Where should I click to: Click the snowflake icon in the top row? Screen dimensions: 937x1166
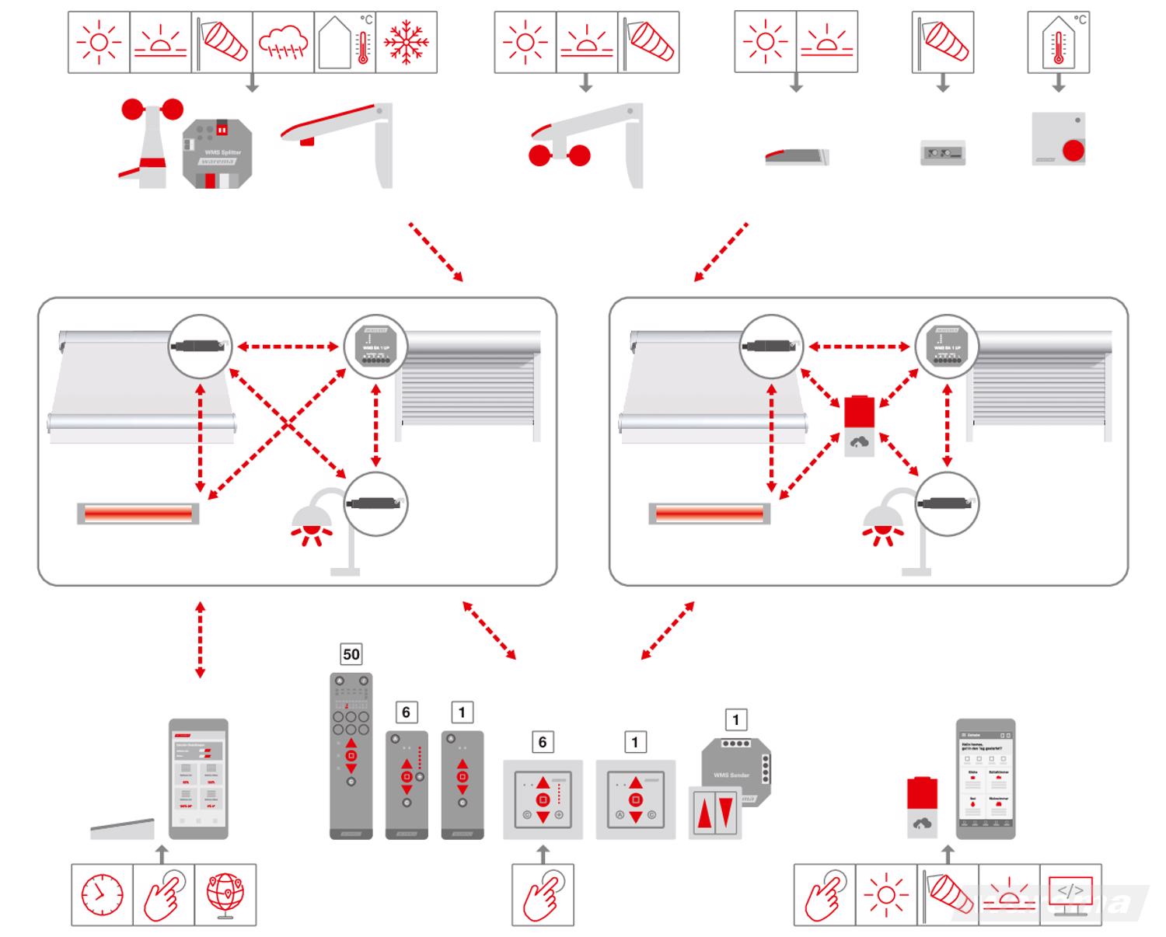click(x=406, y=42)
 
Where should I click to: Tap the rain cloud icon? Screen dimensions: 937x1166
click(x=283, y=42)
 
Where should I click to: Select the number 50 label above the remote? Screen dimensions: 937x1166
click(x=351, y=654)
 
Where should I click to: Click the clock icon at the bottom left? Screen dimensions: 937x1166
click(x=102, y=894)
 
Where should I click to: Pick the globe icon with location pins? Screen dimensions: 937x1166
click(x=225, y=894)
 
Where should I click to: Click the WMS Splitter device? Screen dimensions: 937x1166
click(x=217, y=152)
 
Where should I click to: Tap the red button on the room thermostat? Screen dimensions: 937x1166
click(x=1073, y=150)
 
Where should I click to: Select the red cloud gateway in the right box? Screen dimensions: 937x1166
click(x=859, y=424)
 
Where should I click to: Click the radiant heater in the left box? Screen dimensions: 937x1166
click(x=138, y=514)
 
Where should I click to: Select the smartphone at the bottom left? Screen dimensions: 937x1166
click(x=199, y=778)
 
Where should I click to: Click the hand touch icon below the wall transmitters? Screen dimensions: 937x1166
click(x=543, y=894)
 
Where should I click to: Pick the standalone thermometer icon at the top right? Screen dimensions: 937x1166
click(x=1058, y=42)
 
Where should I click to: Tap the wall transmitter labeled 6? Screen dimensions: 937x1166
click(x=543, y=799)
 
